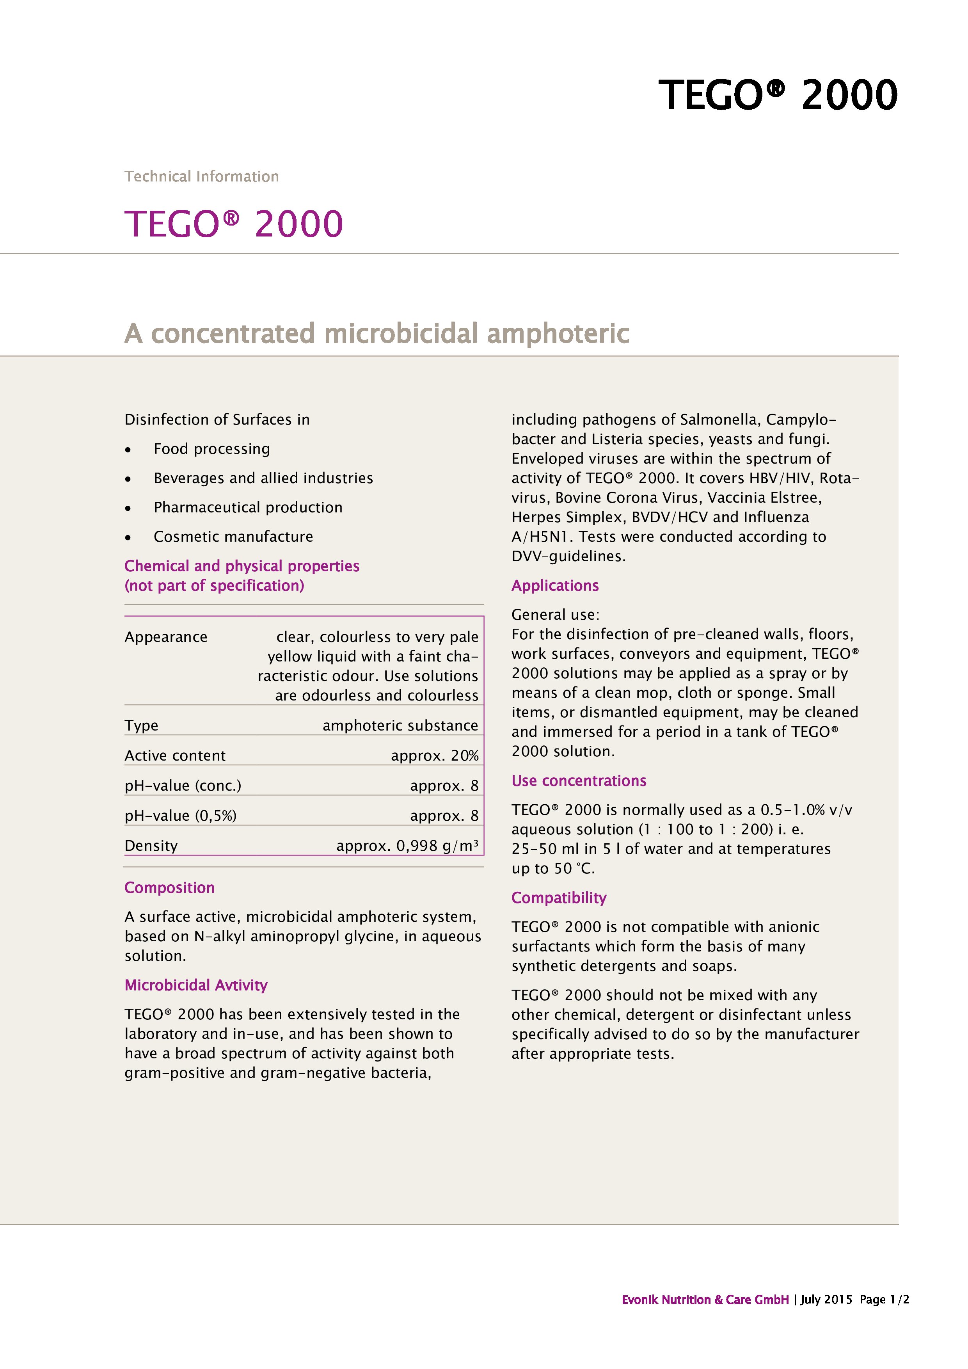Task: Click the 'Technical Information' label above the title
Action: click(201, 176)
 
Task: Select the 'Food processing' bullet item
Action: click(211, 449)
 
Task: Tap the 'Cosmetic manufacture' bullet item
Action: click(233, 537)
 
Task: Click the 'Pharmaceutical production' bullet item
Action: click(248, 507)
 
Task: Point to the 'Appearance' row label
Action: click(166, 637)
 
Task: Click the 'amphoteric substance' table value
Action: click(400, 725)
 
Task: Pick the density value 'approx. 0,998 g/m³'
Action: click(407, 846)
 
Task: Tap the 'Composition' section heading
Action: click(169, 888)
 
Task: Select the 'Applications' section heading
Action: click(555, 585)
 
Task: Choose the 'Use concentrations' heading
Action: click(579, 781)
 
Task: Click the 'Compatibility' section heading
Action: click(558, 898)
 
